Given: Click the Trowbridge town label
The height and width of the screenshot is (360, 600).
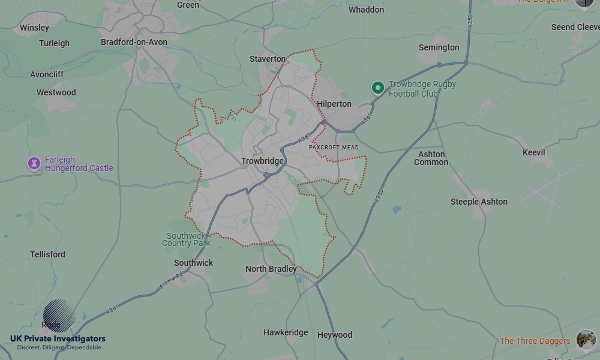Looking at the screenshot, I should click(x=262, y=161).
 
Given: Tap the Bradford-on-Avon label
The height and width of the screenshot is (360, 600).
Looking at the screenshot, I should click(x=134, y=42).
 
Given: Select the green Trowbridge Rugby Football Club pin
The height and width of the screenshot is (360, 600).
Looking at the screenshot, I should click(x=377, y=88).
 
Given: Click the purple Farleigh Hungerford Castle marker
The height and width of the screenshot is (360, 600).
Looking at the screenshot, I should click(x=34, y=163).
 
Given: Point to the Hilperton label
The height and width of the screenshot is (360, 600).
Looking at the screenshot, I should click(x=334, y=104).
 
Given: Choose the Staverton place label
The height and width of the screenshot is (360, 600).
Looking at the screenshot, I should click(x=268, y=59).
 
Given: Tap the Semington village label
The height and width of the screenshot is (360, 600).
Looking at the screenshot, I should click(x=439, y=47).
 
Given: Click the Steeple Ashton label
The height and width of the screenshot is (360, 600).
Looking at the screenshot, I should click(x=479, y=202).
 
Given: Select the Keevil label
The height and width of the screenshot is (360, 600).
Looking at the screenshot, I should click(x=533, y=152).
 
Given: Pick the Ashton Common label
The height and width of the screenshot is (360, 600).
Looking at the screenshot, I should click(x=431, y=158).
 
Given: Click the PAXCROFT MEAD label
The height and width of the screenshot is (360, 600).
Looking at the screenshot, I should click(x=334, y=147).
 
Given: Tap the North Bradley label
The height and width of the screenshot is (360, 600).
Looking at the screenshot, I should click(x=271, y=269).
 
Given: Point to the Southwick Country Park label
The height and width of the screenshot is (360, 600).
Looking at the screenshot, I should click(x=186, y=239).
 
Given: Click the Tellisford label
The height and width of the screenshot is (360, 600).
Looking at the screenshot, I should click(x=47, y=254).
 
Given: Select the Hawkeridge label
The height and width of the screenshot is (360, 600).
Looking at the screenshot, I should click(x=286, y=332).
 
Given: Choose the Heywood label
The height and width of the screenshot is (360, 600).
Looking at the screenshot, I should click(x=335, y=335).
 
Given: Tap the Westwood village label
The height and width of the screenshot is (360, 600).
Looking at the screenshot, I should click(x=56, y=92).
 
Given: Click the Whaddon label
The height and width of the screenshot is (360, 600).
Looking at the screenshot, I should click(x=366, y=10).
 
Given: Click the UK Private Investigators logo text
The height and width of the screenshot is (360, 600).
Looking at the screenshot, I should click(x=58, y=339).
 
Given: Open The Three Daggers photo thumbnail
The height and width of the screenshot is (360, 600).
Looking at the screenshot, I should click(x=586, y=340).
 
